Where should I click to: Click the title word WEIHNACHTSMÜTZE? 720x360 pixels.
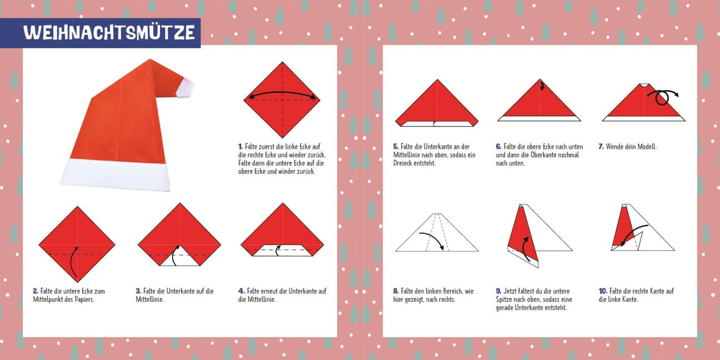[109, 32]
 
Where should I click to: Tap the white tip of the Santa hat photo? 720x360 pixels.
[185, 88]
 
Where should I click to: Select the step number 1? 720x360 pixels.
[240, 147]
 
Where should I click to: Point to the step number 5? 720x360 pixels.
[396, 147]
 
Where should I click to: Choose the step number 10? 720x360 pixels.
[603, 291]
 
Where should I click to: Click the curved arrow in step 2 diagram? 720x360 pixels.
[73, 262]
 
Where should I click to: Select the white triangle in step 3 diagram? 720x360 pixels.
[179, 257]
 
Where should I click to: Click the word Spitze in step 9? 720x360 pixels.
[504, 299]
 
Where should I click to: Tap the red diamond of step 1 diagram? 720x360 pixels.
[282, 99]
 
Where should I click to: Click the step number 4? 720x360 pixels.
[242, 291]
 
